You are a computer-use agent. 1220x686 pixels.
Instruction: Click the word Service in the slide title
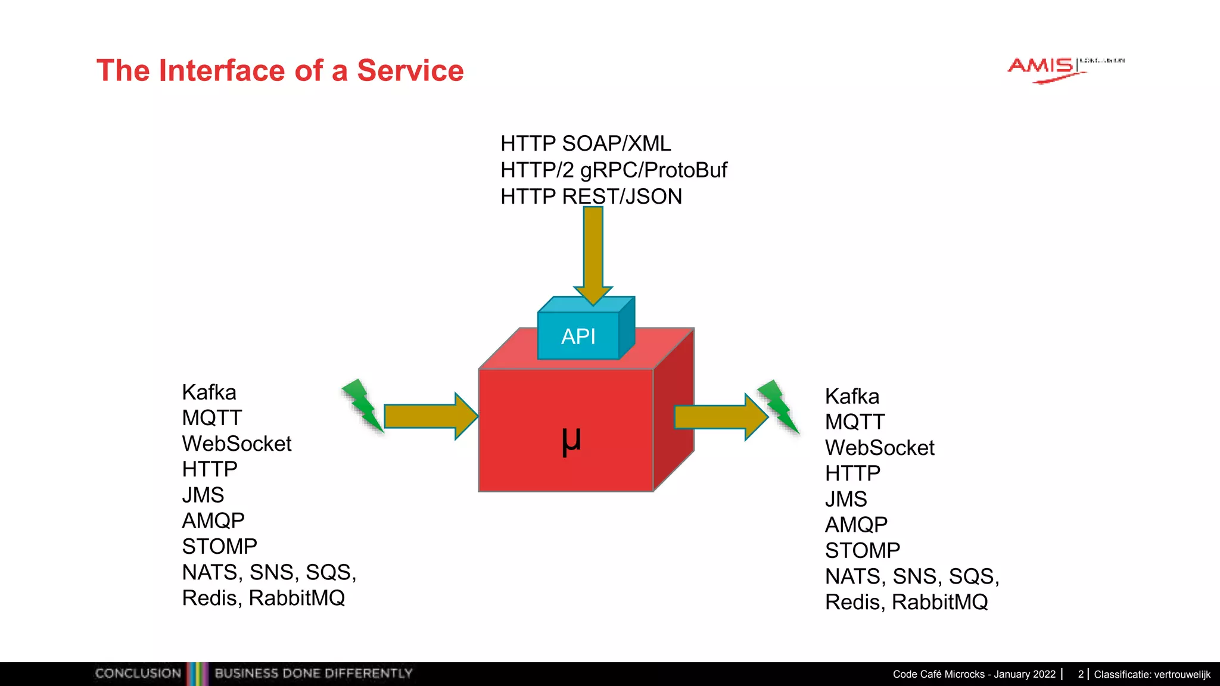click(x=410, y=70)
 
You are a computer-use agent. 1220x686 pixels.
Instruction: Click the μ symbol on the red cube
click(x=571, y=441)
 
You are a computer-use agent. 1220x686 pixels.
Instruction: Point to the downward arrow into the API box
click(x=593, y=253)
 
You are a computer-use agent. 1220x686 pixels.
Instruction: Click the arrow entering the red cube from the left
click(x=429, y=416)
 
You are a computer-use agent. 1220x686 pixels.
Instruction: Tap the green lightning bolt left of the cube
click(x=362, y=405)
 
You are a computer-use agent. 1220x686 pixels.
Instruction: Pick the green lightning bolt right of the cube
click(x=777, y=406)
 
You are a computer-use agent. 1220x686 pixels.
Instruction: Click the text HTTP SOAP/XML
click(x=586, y=144)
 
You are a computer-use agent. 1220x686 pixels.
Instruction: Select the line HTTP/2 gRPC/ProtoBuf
click(x=614, y=170)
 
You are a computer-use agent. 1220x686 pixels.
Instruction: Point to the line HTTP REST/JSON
click(x=591, y=197)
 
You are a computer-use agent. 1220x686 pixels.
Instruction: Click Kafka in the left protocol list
click(x=209, y=392)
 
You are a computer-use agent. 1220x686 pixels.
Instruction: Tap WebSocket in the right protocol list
click(x=879, y=448)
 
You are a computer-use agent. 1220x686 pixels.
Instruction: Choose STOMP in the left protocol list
click(x=219, y=546)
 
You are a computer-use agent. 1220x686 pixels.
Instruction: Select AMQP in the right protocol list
click(x=856, y=525)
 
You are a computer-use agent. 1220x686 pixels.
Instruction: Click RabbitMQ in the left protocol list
click(x=297, y=598)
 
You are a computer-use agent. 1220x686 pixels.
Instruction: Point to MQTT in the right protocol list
click(x=855, y=422)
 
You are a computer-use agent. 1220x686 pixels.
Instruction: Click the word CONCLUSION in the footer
click(x=138, y=673)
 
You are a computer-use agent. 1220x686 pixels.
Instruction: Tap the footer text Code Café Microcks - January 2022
click(x=974, y=674)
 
